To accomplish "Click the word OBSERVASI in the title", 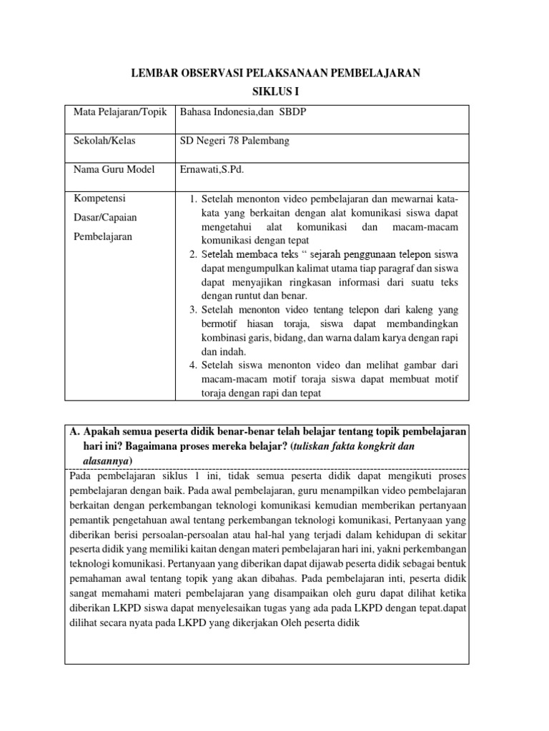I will [207, 73].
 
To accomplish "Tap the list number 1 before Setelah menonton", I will [193, 198].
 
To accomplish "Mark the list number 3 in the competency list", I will [193, 311].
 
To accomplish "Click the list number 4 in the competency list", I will [193, 365].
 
